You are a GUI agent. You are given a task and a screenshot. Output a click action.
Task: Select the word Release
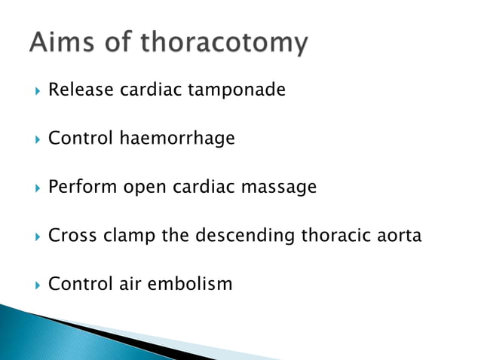pos(78,90)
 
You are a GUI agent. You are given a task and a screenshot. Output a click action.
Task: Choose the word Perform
pos(79,188)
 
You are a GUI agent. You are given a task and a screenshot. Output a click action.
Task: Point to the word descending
pos(245,236)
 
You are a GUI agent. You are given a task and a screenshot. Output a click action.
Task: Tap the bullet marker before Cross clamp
pos(32,236)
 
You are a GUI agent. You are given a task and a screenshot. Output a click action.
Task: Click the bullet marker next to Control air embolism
pos(32,285)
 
